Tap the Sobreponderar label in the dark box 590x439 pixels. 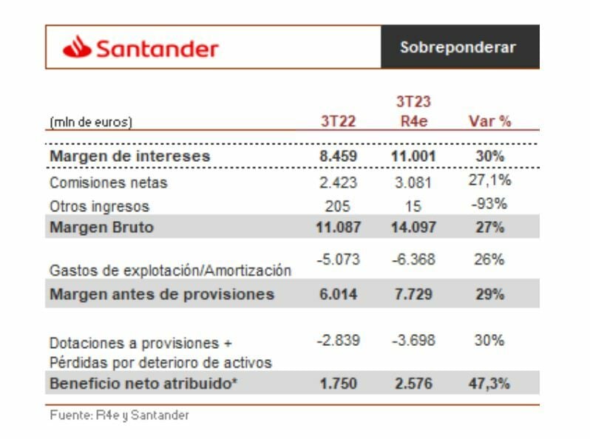[x=458, y=47]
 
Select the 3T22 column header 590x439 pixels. [x=338, y=121]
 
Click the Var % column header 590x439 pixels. [x=490, y=121]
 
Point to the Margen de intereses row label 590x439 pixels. [x=129, y=156]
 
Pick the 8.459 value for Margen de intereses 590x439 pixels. [x=338, y=156]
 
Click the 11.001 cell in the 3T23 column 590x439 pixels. [x=413, y=156]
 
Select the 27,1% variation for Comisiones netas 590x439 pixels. [x=489, y=180]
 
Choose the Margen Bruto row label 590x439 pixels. [x=101, y=228]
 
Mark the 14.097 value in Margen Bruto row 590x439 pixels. [x=413, y=228]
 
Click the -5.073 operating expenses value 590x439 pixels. [x=338, y=260]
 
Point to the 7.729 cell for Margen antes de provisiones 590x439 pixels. [x=413, y=294]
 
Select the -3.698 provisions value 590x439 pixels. [x=413, y=341]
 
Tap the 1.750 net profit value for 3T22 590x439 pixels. [x=338, y=384]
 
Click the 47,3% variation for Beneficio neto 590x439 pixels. [x=489, y=384]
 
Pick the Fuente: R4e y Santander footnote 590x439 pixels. [x=118, y=415]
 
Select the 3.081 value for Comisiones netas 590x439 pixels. [x=413, y=182]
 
